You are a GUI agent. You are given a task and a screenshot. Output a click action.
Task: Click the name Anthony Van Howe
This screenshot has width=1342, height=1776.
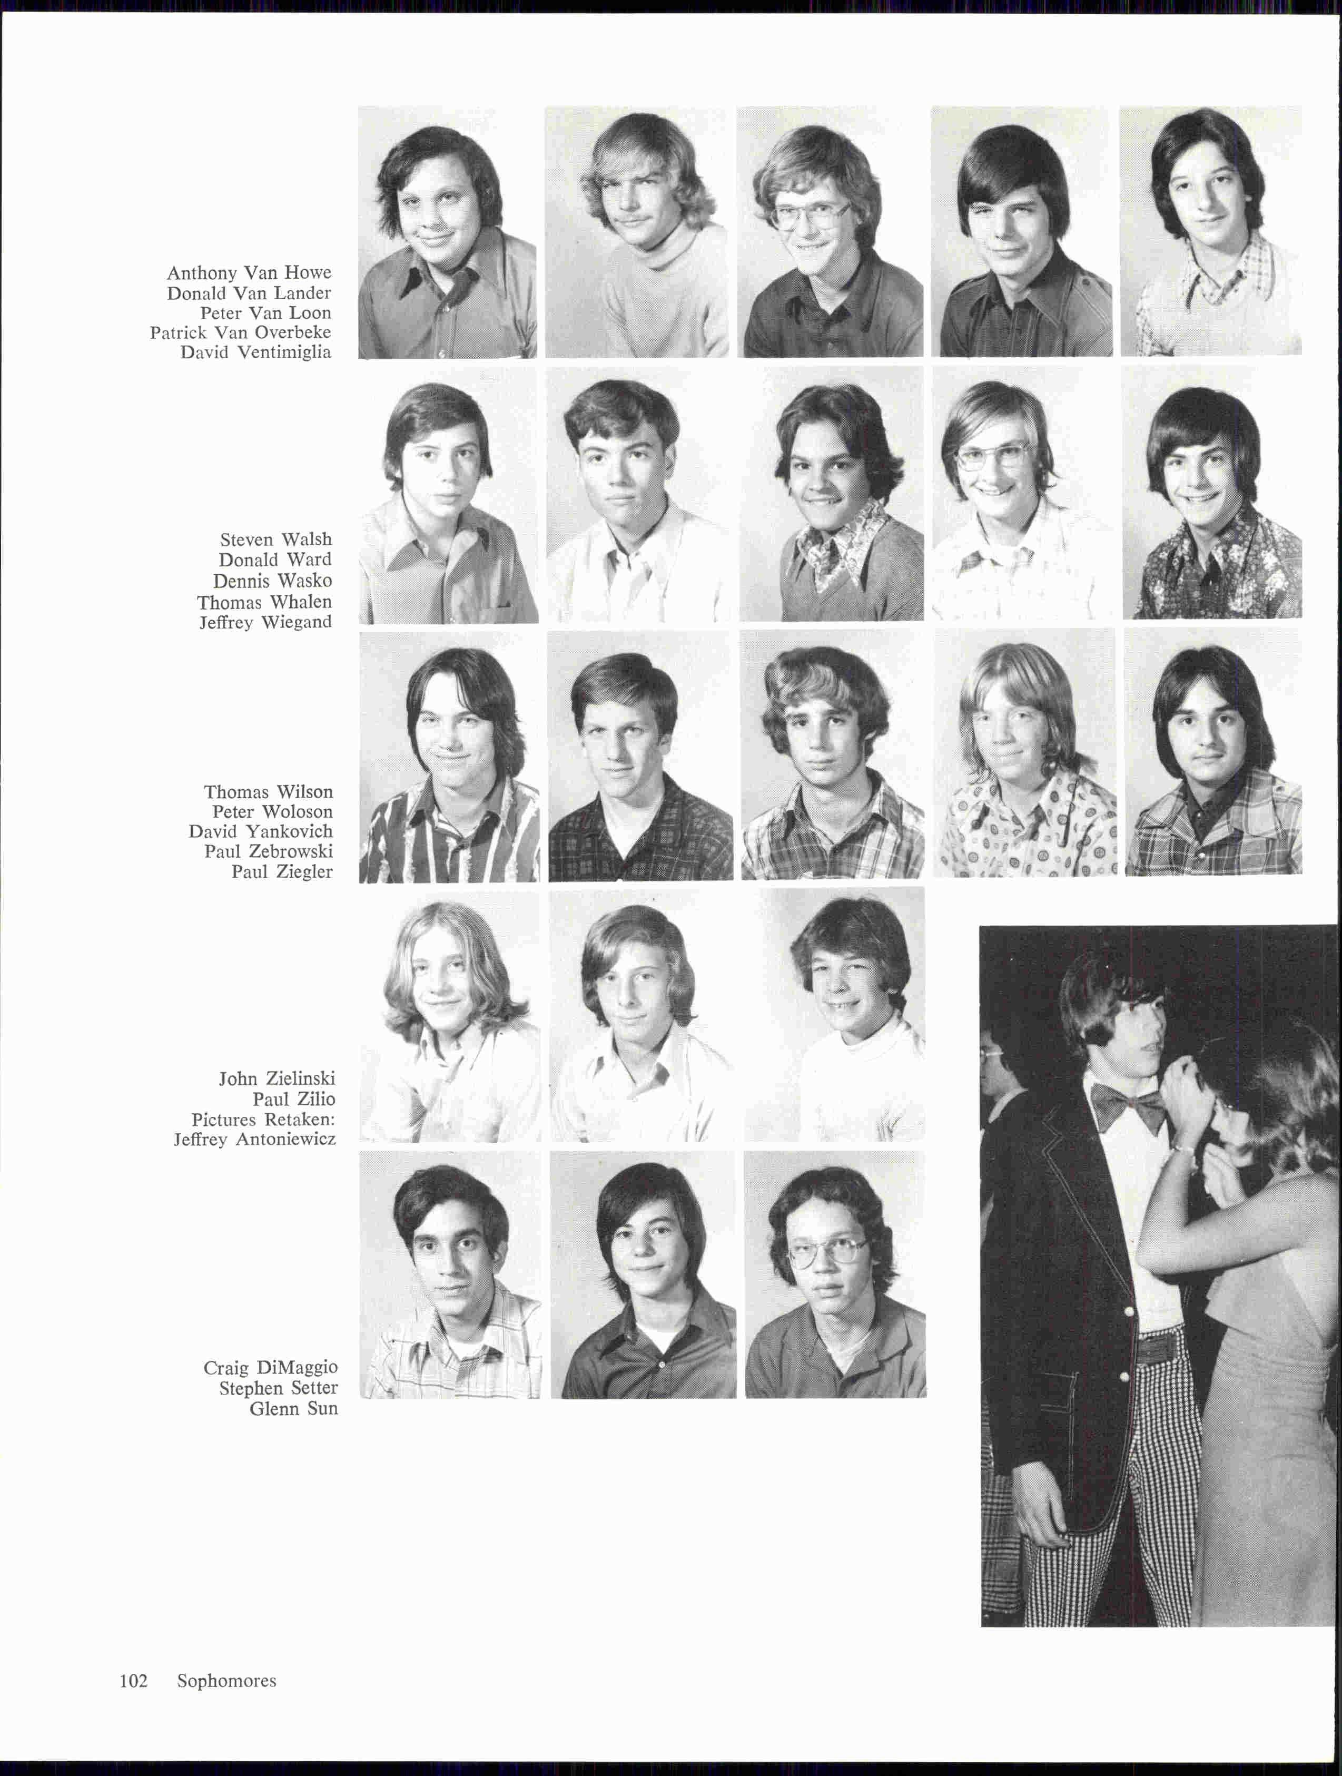click(249, 273)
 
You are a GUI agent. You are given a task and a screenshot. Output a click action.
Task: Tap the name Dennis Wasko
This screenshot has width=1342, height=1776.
click(272, 581)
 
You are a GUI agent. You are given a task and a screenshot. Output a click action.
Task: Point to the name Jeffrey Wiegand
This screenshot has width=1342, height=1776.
click(265, 622)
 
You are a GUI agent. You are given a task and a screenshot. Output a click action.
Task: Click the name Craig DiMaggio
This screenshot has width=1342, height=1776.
click(271, 1367)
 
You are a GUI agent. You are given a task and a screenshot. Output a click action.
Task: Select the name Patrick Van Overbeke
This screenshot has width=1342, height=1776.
click(240, 332)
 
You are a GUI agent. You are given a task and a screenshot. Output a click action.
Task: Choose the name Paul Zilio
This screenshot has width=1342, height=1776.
click(294, 1099)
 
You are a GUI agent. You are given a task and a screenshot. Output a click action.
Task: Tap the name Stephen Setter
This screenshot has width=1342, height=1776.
click(279, 1388)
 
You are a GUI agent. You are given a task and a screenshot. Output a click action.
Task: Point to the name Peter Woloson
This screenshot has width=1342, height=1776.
click(272, 812)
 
